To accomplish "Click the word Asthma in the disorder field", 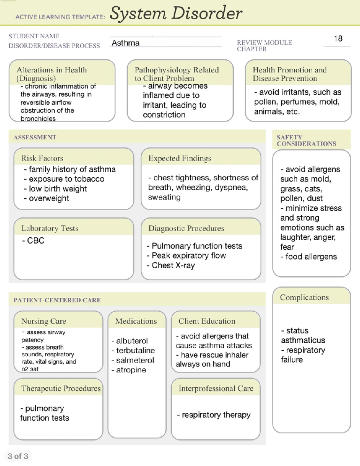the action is (x=125, y=43).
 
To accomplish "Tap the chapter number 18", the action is (x=338, y=39).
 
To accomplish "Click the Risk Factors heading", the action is (x=42, y=158).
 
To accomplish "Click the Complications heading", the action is (x=304, y=297).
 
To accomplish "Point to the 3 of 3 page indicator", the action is (x=18, y=456).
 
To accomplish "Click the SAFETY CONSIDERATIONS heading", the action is (x=306, y=140).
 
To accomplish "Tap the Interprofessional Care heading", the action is (x=216, y=389).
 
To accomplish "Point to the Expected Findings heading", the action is (x=180, y=158).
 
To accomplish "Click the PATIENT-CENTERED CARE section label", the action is (x=57, y=300).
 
